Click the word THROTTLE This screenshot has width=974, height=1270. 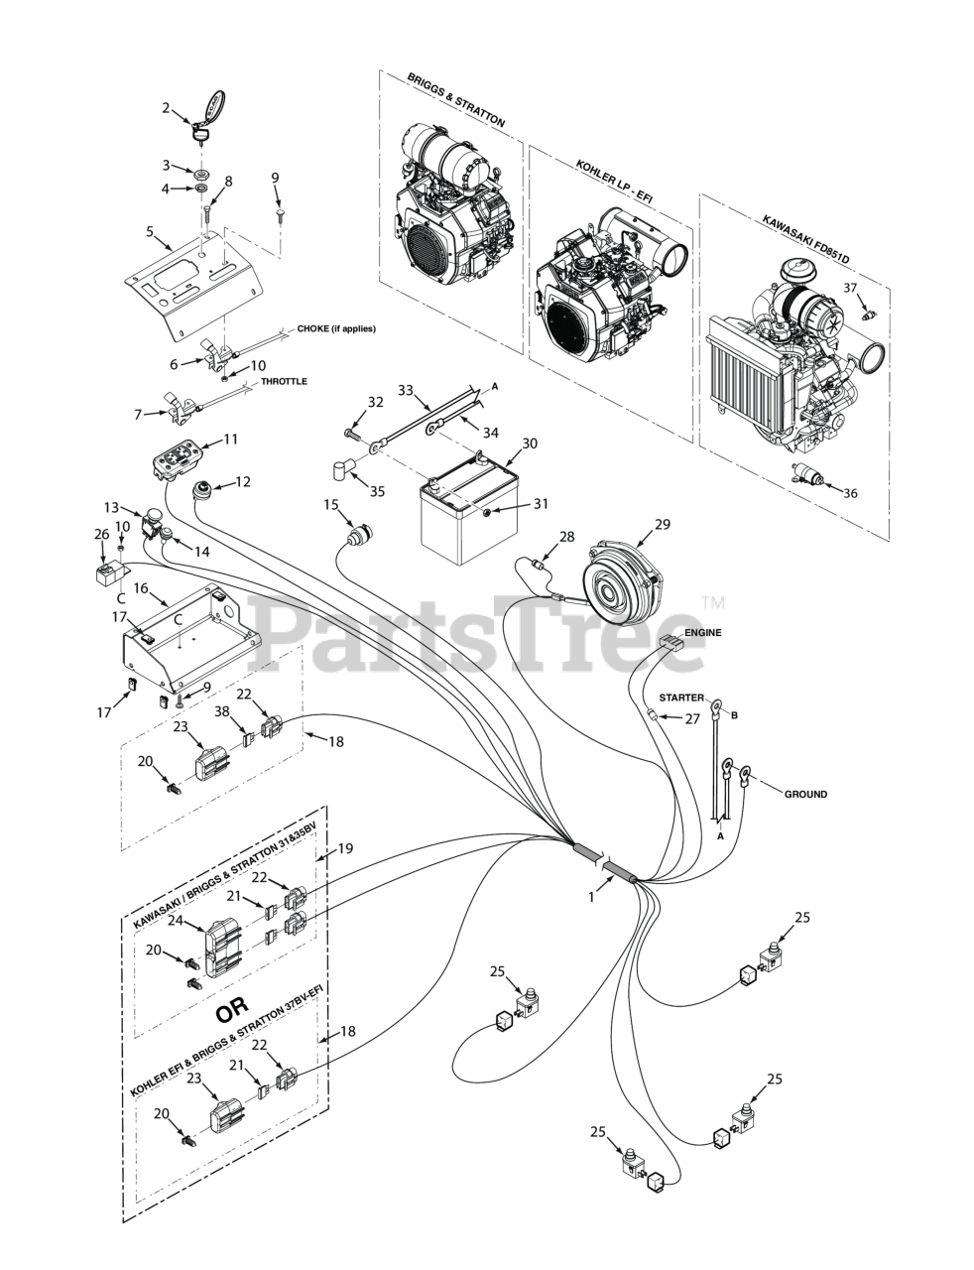click(284, 382)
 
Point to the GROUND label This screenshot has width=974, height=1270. click(805, 795)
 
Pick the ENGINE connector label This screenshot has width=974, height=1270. click(702, 632)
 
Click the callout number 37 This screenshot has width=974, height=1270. click(850, 288)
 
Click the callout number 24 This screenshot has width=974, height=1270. click(176, 920)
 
